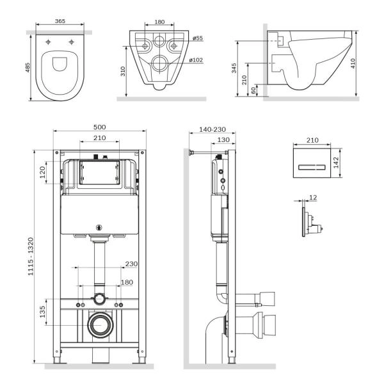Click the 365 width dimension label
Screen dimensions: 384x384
click(59, 21)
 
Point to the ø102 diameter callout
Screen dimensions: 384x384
click(197, 60)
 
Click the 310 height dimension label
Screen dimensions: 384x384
click(122, 72)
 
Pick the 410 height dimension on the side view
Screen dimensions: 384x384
click(363, 63)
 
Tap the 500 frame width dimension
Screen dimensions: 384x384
click(99, 127)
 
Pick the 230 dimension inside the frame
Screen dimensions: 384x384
click(132, 263)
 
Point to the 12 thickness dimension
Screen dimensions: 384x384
click(312, 198)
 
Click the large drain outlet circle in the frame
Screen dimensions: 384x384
click(99, 326)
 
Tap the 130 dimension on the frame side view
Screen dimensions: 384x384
click(221, 140)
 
